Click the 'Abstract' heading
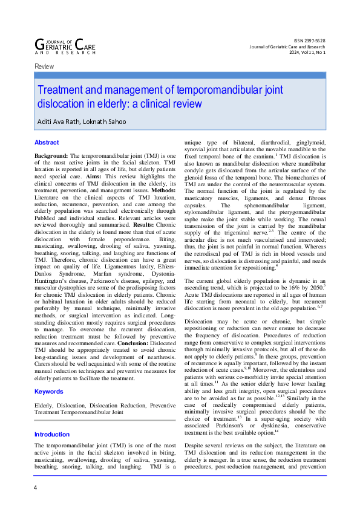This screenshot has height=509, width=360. [47, 142]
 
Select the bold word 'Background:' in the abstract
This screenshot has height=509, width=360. [51, 156]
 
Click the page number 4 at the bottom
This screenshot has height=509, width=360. [36, 488]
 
